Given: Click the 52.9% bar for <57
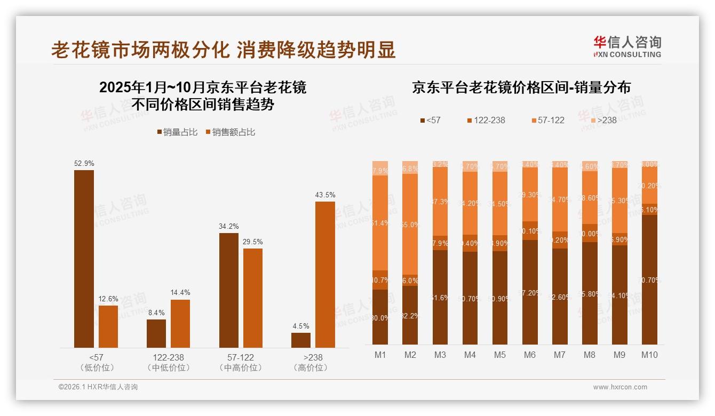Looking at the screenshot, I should pos(84,259).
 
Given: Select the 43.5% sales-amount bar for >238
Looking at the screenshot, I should pos(325,275).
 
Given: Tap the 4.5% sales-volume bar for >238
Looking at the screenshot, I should pos(301,340).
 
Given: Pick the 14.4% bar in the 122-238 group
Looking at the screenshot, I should pos(180,324).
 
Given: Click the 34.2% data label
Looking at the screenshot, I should pos(229,227).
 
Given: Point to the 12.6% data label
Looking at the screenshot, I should pos(108,299).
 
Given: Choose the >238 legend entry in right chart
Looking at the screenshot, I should pos(603,120).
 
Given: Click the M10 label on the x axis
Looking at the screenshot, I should pos(649,355).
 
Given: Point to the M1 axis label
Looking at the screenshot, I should pos(380,355).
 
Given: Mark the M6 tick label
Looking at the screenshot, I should pos(530,355).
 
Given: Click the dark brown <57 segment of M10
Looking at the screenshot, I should pos(649,279).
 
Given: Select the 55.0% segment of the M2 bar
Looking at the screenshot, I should pos(410,224).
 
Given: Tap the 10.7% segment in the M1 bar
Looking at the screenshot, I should pos(380,280).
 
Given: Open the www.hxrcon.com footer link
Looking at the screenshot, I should pos(620,387).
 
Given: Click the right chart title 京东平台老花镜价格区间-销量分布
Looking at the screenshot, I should pos(521,88).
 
